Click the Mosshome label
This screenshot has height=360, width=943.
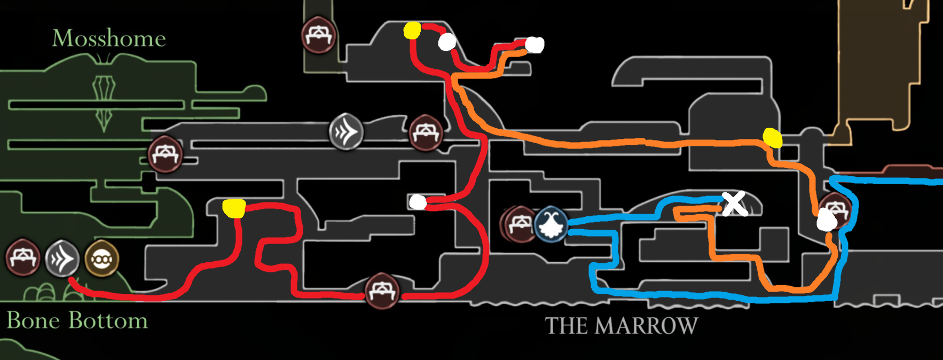(109, 38)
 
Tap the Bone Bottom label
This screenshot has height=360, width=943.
(77, 320)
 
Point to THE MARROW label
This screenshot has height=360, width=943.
(621, 326)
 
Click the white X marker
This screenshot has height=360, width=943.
(734, 204)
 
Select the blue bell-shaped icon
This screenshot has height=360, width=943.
(551, 225)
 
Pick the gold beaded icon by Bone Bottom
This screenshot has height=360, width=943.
(101, 259)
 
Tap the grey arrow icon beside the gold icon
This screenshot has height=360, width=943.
(62, 259)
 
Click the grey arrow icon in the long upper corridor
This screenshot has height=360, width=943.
(346, 131)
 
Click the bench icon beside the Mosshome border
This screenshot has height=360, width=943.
(166, 154)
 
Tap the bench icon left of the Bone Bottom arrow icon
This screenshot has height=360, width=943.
(23, 257)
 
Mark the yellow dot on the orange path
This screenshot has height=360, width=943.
(772, 138)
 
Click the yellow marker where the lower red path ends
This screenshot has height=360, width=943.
(233, 208)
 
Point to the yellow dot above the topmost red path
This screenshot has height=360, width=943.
(412, 30)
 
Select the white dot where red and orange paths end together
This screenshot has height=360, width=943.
(535, 45)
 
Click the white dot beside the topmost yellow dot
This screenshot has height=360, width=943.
(447, 42)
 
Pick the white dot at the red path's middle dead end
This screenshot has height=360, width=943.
(418, 202)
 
